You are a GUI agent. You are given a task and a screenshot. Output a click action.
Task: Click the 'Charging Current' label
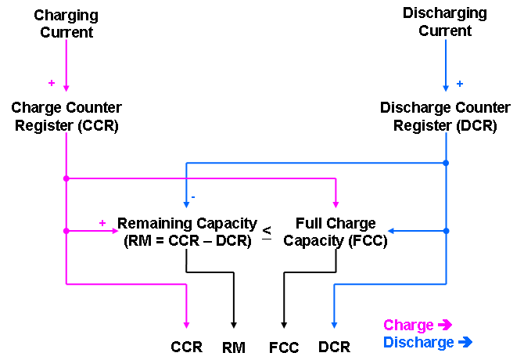coord(66,23)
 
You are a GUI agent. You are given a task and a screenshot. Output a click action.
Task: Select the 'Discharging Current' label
coord(445,22)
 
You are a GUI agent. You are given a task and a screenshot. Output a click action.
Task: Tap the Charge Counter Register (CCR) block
coord(66,116)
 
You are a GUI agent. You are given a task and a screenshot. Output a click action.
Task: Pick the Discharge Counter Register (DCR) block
coord(444,116)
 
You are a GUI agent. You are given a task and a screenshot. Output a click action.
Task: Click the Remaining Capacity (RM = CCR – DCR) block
coord(186,232)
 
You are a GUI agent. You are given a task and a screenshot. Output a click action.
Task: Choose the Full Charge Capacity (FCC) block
coord(336,232)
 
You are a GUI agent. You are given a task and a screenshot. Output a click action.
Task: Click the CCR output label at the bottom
coord(186,347)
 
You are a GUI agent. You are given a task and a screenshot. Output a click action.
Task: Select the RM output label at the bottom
coord(234,347)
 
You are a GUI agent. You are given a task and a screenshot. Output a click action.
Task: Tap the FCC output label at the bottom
coord(283,347)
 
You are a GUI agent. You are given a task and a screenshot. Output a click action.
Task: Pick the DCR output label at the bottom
coord(334,347)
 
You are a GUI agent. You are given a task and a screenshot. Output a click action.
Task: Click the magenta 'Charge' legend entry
coord(417,326)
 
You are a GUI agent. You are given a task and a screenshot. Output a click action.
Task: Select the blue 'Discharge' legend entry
coord(427,343)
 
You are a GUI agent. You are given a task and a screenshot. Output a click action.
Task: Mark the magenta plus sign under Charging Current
coord(52,82)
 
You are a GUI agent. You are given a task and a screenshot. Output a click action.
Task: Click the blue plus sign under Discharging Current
coord(459,83)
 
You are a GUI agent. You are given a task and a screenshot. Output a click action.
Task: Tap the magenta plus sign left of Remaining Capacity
coord(102,223)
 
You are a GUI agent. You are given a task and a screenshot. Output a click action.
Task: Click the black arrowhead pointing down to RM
coord(234,323)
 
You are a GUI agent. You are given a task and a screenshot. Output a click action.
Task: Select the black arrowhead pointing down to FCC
coord(283,323)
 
